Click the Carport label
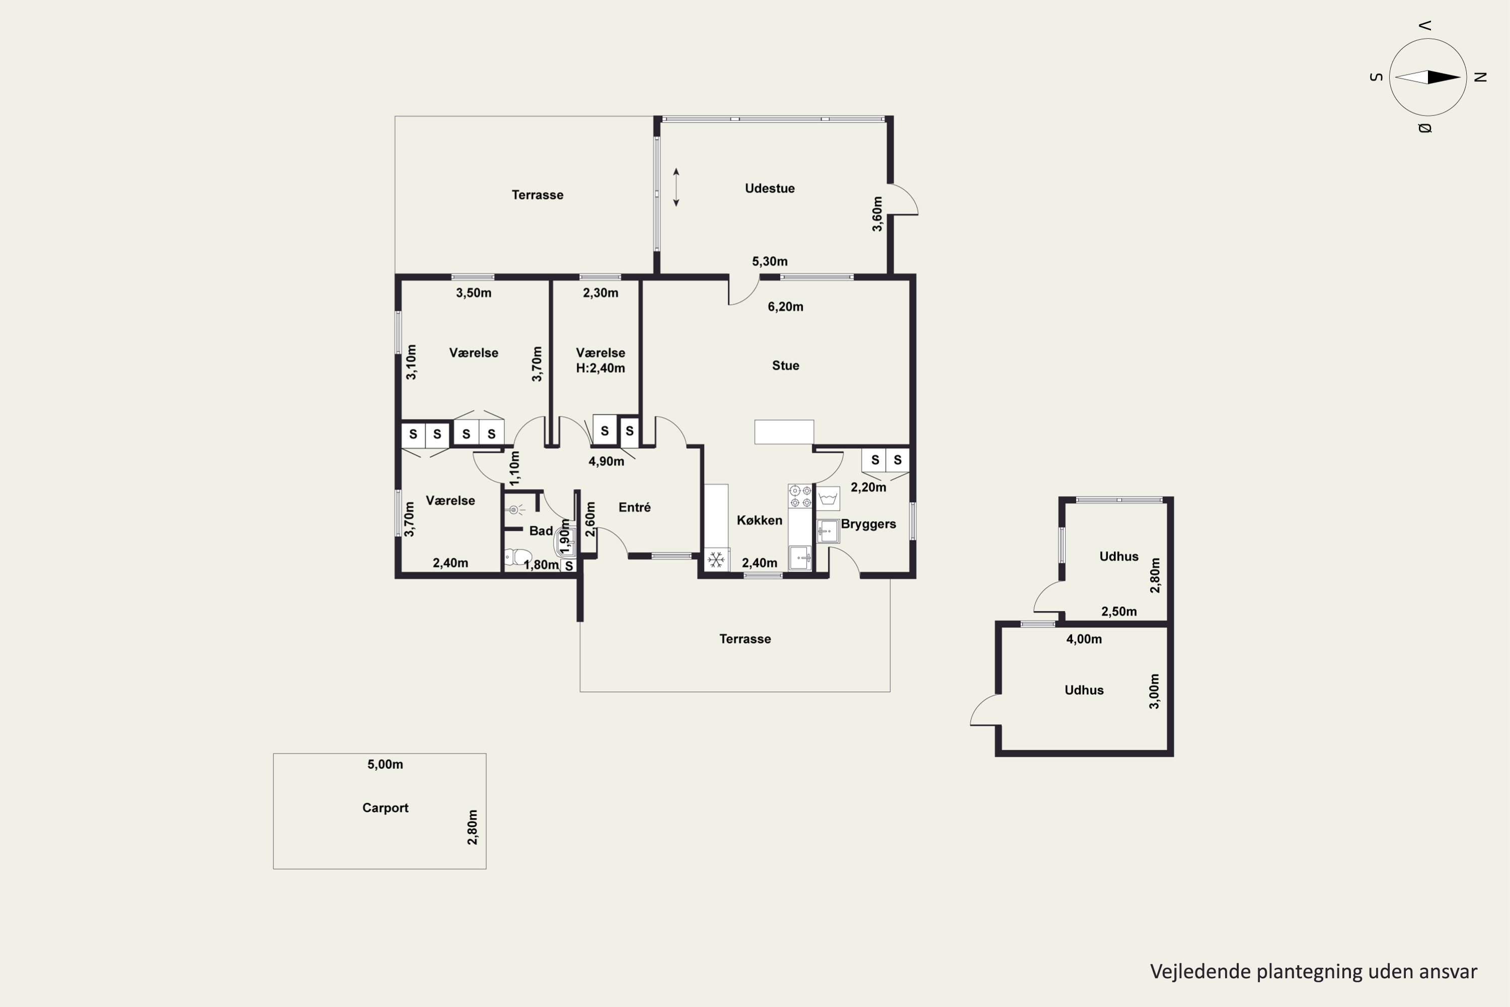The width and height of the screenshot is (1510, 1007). pos(385,808)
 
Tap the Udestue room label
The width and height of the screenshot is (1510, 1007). pos(770,188)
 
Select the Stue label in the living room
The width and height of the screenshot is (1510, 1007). pos(785,366)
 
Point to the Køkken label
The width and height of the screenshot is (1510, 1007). pos(760,520)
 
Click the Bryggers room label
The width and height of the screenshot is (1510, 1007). pos(868,524)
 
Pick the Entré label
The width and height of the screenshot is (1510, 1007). pos(634,508)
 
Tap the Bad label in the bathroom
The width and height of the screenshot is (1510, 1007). pos(541,531)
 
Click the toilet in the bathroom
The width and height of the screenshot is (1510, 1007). pos(518,556)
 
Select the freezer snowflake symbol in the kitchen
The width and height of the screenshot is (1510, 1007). pos(716,559)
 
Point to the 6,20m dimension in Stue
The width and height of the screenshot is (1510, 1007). pos(785,307)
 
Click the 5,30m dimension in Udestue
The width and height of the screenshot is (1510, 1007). pos(770,261)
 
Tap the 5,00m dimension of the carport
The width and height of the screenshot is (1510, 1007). pos(385,764)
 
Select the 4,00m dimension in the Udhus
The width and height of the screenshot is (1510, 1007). pos(1084,639)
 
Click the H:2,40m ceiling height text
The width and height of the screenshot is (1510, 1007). pos(600,368)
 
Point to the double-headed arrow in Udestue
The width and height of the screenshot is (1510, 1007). pos(676,187)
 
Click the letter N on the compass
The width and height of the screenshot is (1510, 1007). pos(1480,77)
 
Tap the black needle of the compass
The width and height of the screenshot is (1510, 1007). pos(1444,77)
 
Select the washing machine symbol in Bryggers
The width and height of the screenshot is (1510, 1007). pos(828,498)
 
